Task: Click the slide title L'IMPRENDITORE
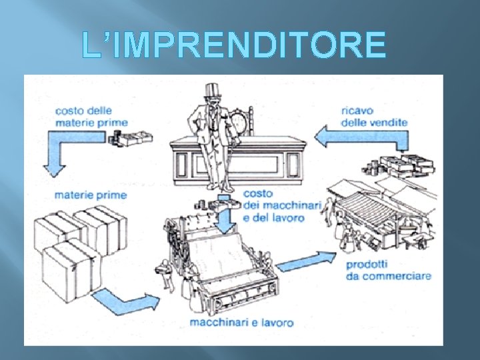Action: click(x=233, y=44)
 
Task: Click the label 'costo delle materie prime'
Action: click(x=91, y=117)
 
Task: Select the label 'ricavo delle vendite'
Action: click(x=374, y=117)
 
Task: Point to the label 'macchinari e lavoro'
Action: click(x=241, y=323)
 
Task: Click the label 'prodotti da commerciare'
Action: click(x=389, y=270)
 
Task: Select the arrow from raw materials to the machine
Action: click(x=125, y=301)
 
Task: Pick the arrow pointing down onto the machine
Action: click(x=225, y=214)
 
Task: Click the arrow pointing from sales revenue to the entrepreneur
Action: click(x=361, y=137)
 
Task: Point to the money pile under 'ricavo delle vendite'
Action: click(x=399, y=165)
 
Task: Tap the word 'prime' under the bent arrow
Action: click(x=113, y=195)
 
